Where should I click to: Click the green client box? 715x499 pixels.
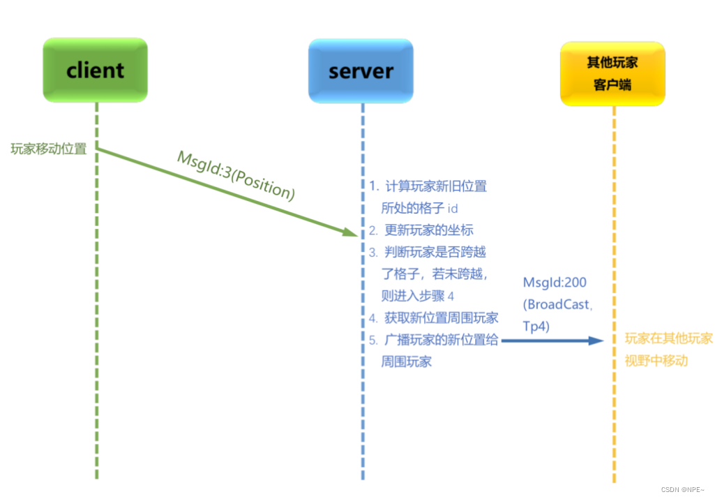pyautogui.click(x=95, y=70)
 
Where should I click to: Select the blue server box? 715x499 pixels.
pyautogui.click(x=361, y=70)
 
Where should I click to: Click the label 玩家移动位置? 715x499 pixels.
pyautogui.click(x=49, y=149)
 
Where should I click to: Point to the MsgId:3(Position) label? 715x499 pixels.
pyautogui.click(x=236, y=175)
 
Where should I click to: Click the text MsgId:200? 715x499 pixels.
pyautogui.click(x=555, y=283)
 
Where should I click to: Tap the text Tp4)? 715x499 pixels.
pyautogui.click(x=538, y=326)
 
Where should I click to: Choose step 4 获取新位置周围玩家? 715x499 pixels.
pyautogui.click(x=441, y=318)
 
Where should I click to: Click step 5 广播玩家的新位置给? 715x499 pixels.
pyautogui.click(x=441, y=340)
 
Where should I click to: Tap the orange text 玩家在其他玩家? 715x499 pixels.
pyautogui.click(x=668, y=339)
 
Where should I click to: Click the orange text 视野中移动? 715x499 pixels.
pyautogui.click(x=656, y=361)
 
